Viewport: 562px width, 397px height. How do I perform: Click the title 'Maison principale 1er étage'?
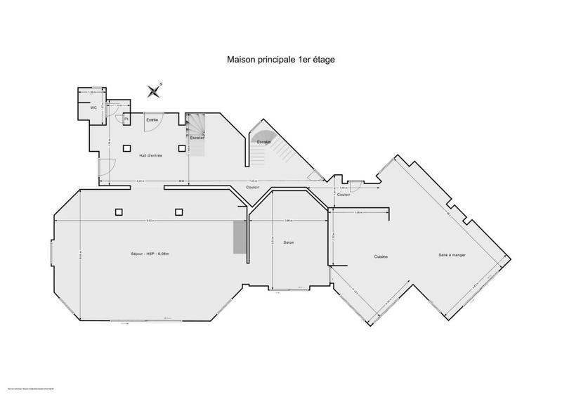tap(280, 60)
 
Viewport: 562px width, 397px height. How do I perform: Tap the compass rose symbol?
tap(155, 89)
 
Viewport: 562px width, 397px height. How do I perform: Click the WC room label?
tap(93, 108)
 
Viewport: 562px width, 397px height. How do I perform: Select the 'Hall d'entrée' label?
tap(150, 155)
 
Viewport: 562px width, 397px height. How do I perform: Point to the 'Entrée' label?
tap(152, 121)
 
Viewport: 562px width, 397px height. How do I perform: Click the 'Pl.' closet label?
tap(126, 120)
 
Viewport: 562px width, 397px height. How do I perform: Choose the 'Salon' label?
tap(288, 242)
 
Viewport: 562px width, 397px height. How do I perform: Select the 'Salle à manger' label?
tap(452, 255)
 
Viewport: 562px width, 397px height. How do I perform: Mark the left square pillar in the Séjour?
tap(118, 211)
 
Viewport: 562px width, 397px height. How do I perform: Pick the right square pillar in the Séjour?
tap(178, 211)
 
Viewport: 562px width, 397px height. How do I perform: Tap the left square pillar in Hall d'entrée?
tap(127, 148)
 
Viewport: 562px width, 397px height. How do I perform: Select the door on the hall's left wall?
tap(105, 167)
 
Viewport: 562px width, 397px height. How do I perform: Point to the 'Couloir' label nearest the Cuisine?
tap(344, 195)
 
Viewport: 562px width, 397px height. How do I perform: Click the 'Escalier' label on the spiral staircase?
tap(264, 142)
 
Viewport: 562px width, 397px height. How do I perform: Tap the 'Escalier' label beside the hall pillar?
tap(197, 138)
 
